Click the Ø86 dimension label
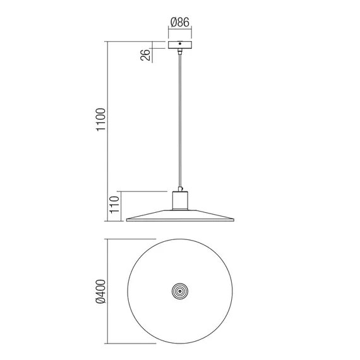pos(180,23)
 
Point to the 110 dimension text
pos(114,206)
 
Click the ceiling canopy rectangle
pos(180,45)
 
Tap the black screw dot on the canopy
pos(180,45)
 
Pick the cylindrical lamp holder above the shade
pos(180,201)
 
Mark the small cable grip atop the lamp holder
pos(180,189)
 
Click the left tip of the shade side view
pos(128,220)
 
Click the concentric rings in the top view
pos(180,292)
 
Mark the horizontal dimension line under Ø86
pos(180,30)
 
